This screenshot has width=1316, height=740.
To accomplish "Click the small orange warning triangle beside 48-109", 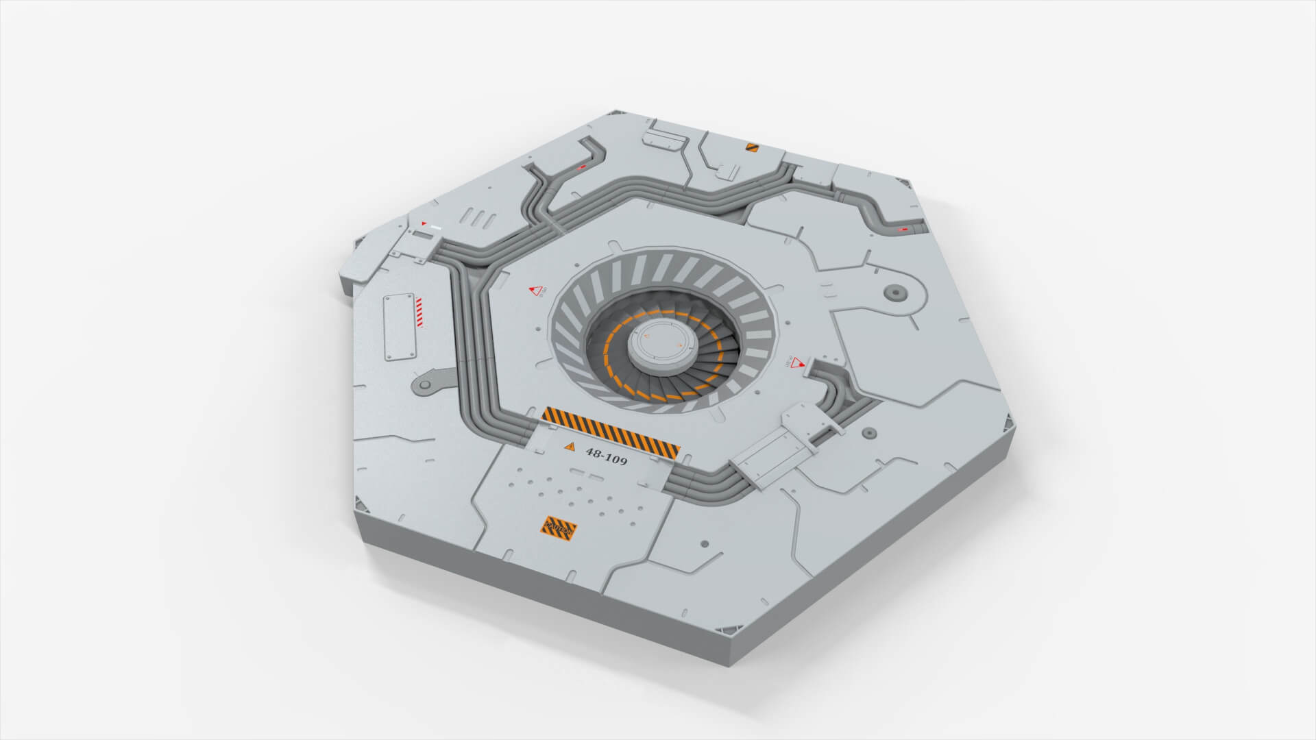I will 569,447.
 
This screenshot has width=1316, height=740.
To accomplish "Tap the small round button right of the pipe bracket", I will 868,434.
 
